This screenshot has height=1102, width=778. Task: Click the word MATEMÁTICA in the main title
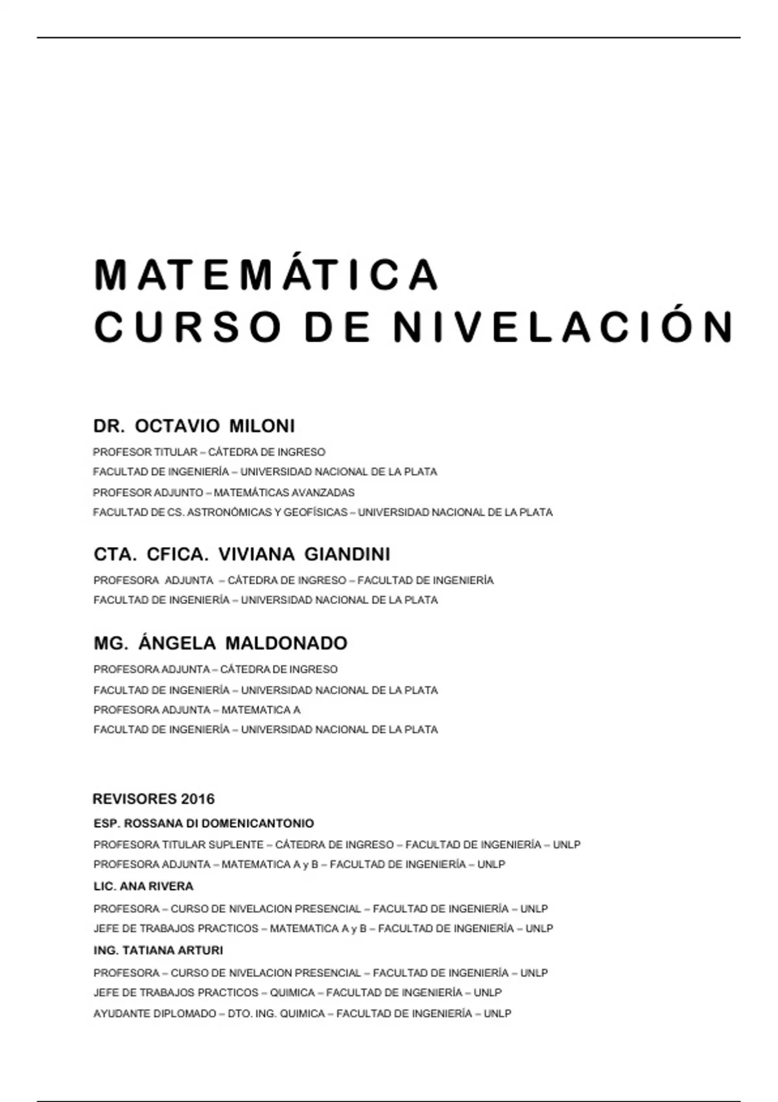266,275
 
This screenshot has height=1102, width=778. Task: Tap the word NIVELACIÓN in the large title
562,327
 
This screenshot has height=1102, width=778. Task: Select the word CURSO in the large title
188,327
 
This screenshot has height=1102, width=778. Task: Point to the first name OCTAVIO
178,426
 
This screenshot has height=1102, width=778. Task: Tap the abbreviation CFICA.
177,554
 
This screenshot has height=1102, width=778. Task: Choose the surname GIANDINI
347,554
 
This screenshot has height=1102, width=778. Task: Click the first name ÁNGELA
177,643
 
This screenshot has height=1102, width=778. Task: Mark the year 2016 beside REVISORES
198,799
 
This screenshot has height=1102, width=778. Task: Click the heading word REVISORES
135,799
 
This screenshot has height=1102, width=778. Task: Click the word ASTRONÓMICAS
230,512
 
